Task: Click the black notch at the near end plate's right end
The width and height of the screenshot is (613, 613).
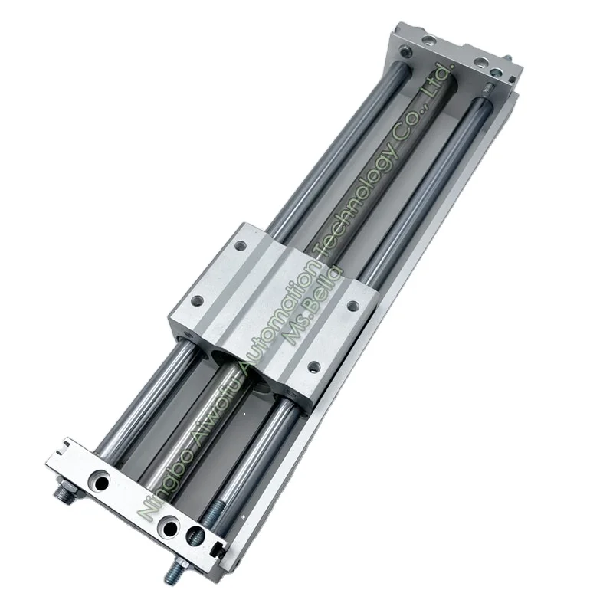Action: tap(220, 546)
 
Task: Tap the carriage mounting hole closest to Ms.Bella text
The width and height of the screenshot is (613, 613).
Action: tap(353, 306)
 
